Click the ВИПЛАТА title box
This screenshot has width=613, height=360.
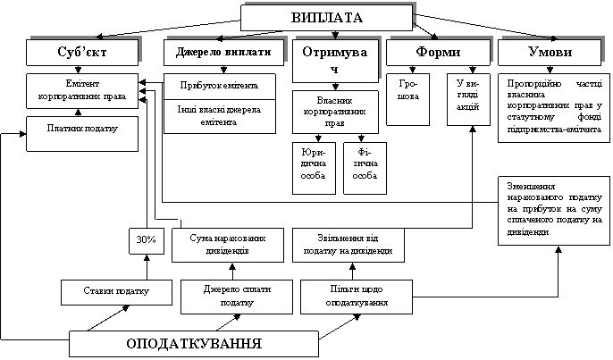(328, 17)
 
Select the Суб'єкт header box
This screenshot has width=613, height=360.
(82, 53)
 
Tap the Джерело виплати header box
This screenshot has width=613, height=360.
(217, 53)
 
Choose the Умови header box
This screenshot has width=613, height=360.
(549, 53)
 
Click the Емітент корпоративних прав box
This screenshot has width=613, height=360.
(82, 90)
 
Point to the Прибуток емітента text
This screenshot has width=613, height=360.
(219, 86)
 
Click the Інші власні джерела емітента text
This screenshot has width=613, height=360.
(219, 116)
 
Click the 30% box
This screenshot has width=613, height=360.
(146, 240)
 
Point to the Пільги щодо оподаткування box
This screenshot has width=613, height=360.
(357, 297)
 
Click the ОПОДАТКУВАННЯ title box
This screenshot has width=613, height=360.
(194, 344)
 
